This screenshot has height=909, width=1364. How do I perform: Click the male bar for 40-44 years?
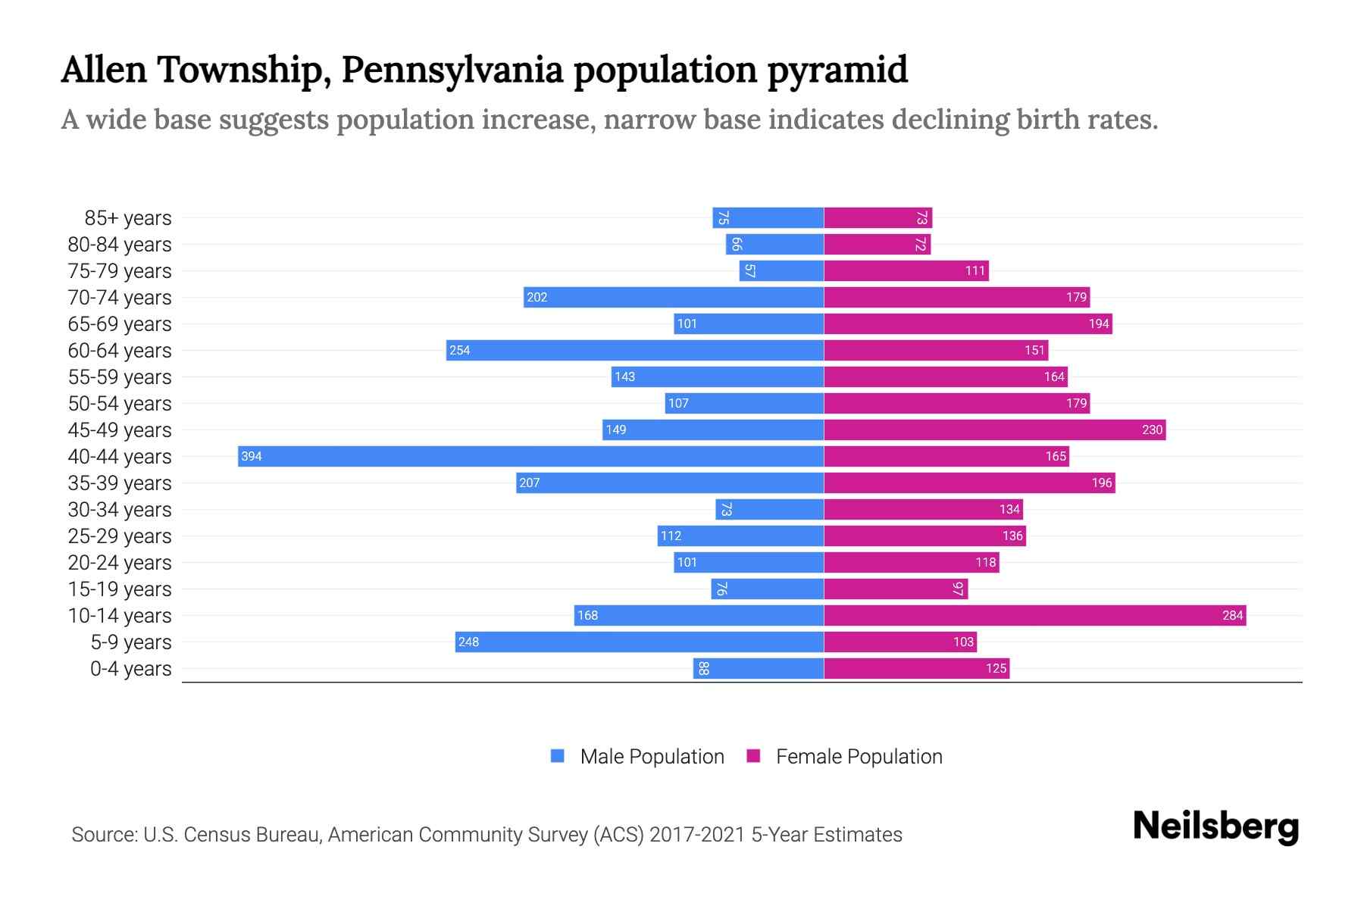530,456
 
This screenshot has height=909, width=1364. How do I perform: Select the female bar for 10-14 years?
1034,615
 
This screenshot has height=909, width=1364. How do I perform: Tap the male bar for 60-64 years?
635,350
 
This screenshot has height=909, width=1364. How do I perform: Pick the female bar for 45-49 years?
994,430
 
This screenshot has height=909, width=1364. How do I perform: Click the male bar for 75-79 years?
781,270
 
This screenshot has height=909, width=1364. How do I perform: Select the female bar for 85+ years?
878,217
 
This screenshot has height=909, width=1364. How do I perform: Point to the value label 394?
252,456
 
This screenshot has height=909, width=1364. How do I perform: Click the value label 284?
1232,615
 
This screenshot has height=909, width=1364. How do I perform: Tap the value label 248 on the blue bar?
468,642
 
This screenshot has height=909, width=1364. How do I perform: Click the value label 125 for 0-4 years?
996,668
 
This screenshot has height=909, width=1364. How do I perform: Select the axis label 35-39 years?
120,483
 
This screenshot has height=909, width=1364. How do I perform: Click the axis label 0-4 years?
130,668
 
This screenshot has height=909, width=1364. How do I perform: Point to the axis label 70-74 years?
120,297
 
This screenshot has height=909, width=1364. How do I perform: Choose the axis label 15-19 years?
120,589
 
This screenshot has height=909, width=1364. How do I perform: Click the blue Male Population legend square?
558,756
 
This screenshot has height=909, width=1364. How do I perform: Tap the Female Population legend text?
859,756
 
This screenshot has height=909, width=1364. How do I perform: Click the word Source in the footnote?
103,834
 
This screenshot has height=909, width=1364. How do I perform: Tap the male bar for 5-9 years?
640,642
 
